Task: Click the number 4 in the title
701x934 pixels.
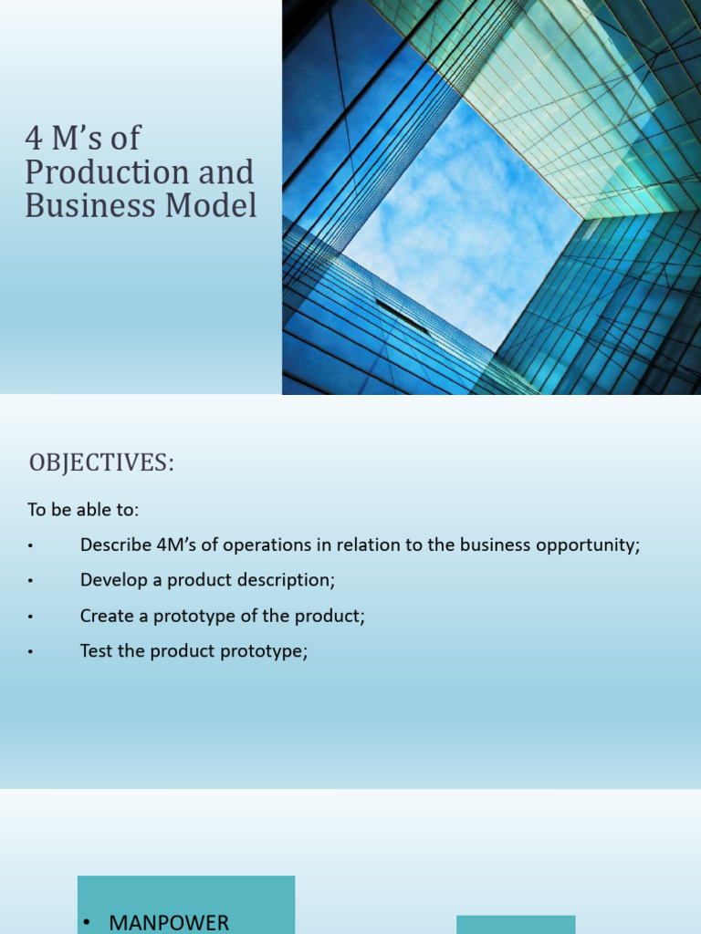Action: point(34,140)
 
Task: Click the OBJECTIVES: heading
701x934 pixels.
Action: point(101,463)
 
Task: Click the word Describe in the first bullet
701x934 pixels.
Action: point(113,545)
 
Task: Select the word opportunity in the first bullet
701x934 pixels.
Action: point(595,545)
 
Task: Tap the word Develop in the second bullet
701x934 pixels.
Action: point(111,580)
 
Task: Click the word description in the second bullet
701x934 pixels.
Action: point(286,580)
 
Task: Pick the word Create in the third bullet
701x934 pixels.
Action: point(105,616)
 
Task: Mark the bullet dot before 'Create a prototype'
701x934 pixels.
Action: point(30,617)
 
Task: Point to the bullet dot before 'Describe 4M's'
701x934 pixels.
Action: point(30,546)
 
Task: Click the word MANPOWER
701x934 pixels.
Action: point(169,922)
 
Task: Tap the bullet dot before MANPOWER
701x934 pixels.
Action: point(86,923)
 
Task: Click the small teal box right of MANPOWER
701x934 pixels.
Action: point(516,923)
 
